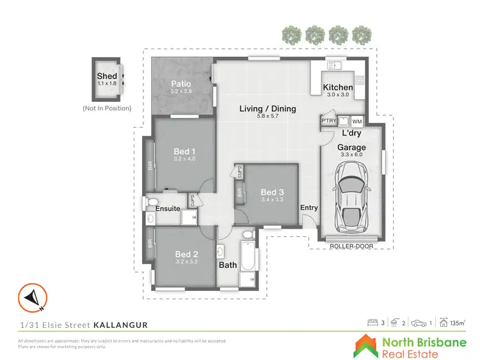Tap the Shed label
click(107, 76)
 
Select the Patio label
click(182, 84)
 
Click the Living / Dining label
click(268, 109)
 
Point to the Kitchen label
click(337, 88)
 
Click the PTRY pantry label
click(328, 120)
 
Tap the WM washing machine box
click(356, 120)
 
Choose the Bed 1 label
click(184, 151)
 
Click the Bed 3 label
click(272, 192)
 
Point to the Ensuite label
click(168, 208)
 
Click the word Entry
click(308, 207)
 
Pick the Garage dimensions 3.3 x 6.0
click(351, 154)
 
